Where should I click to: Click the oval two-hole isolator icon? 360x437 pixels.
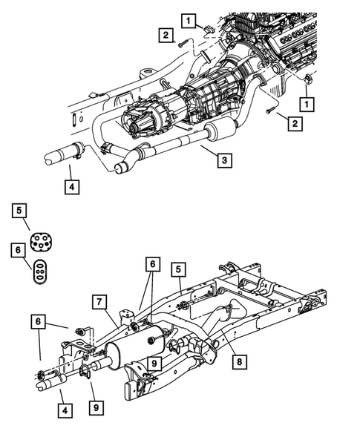39,271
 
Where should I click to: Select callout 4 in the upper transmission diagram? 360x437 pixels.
71,186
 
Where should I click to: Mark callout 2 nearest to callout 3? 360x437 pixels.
295,125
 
